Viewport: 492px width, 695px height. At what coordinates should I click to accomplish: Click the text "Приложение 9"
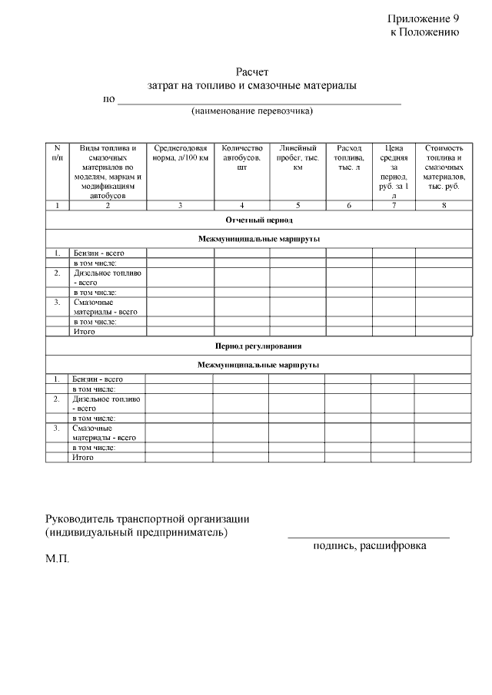[423, 18]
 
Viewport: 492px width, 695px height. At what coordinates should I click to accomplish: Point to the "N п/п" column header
[57, 153]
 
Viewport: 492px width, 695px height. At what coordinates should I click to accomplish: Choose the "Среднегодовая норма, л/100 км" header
[180, 153]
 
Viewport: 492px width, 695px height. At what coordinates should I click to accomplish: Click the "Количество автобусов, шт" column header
[241, 157]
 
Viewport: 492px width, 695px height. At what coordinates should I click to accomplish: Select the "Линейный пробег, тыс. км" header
[298, 157]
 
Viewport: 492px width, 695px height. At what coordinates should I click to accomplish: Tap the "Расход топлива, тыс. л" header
[349, 157]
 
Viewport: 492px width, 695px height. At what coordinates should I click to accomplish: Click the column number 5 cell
[298, 205]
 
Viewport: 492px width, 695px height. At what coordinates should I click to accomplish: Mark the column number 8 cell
[444, 205]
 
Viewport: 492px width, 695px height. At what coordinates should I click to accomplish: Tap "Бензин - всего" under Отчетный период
[98, 253]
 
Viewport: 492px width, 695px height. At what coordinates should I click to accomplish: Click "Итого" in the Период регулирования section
[82, 457]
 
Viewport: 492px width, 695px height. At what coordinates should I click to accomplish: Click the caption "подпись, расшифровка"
[369, 545]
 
